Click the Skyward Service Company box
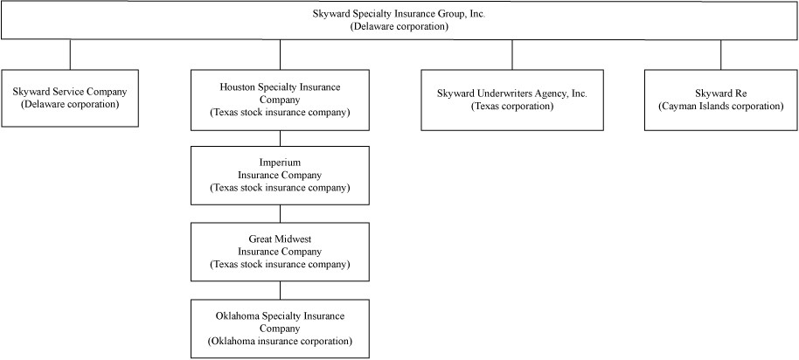click(x=70, y=98)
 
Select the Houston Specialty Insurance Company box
click(x=280, y=100)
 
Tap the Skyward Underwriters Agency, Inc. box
click(x=512, y=100)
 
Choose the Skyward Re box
click(x=720, y=100)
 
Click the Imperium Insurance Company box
click(x=280, y=175)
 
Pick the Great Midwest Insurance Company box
click(x=280, y=252)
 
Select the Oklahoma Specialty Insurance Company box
click(x=280, y=329)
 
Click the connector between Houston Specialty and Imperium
click(x=280, y=139)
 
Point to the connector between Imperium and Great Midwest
click(x=280, y=214)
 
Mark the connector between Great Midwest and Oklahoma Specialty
click(x=280, y=290)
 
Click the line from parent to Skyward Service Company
click(x=70, y=54)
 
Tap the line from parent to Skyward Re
click(x=720, y=54)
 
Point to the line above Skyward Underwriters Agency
click(x=512, y=54)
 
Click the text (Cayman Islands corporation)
click(x=720, y=107)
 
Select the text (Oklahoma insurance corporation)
click(x=280, y=341)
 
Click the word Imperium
click(x=280, y=163)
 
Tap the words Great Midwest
click(x=280, y=239)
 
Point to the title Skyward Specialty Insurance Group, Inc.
click(x=399, y=14)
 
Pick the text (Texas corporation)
click(x=512, y=107)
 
